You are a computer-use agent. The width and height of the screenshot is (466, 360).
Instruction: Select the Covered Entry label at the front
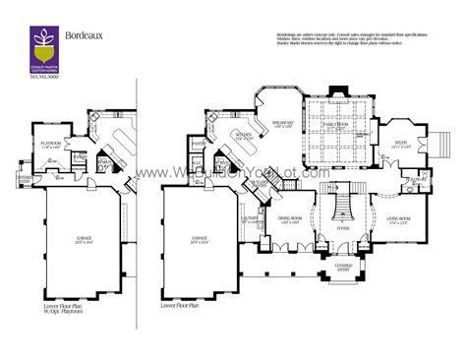pos(342,265)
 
